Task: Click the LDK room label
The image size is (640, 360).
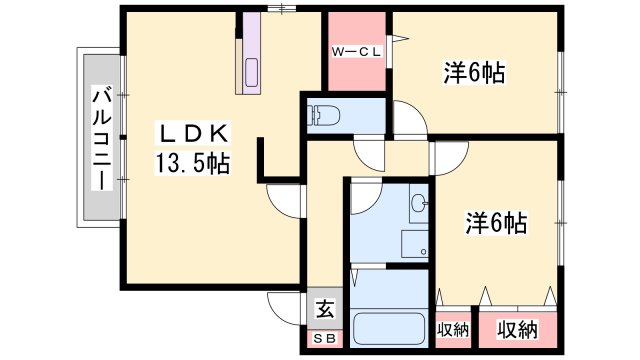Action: point(193,133)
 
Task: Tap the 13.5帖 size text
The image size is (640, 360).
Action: point(192,164)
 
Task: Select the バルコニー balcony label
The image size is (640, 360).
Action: point(102,138)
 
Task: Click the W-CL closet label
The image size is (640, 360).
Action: point(356,52)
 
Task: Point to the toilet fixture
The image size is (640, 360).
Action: point(324,115)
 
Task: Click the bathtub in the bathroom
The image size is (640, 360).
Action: point(389,329)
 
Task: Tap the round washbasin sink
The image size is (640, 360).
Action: point(419,203)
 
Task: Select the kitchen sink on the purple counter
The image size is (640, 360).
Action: point(251,71)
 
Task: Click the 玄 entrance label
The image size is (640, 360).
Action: point(325,309)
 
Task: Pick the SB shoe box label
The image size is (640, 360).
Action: point(325,338)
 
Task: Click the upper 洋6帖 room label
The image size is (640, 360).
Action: point(474,73)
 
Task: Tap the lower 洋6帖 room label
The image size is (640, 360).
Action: point(496,223)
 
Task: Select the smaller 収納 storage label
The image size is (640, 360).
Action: point(453,329)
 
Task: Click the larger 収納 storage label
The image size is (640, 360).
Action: point(517,329)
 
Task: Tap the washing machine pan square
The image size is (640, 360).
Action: point(414,244)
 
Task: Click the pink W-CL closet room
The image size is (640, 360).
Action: point(357,51)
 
